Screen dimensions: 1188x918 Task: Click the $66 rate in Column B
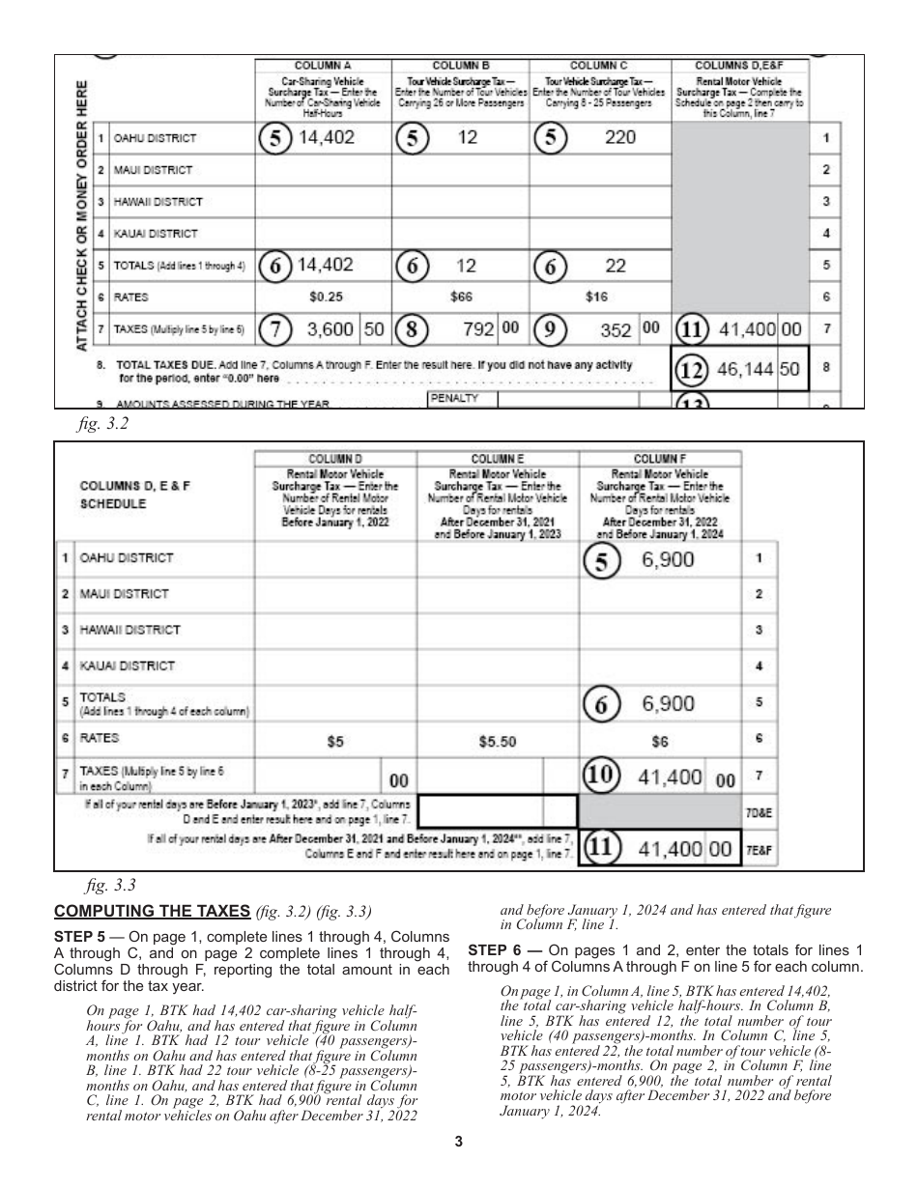461,297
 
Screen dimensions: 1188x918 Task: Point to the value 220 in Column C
619,137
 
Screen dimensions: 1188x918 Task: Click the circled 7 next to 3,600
277,329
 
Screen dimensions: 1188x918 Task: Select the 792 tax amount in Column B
479,329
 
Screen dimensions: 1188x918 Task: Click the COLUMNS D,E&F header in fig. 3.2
739,65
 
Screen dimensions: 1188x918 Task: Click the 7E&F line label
757,849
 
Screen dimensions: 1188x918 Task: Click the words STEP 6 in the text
495,950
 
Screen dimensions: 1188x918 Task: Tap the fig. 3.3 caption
100,883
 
